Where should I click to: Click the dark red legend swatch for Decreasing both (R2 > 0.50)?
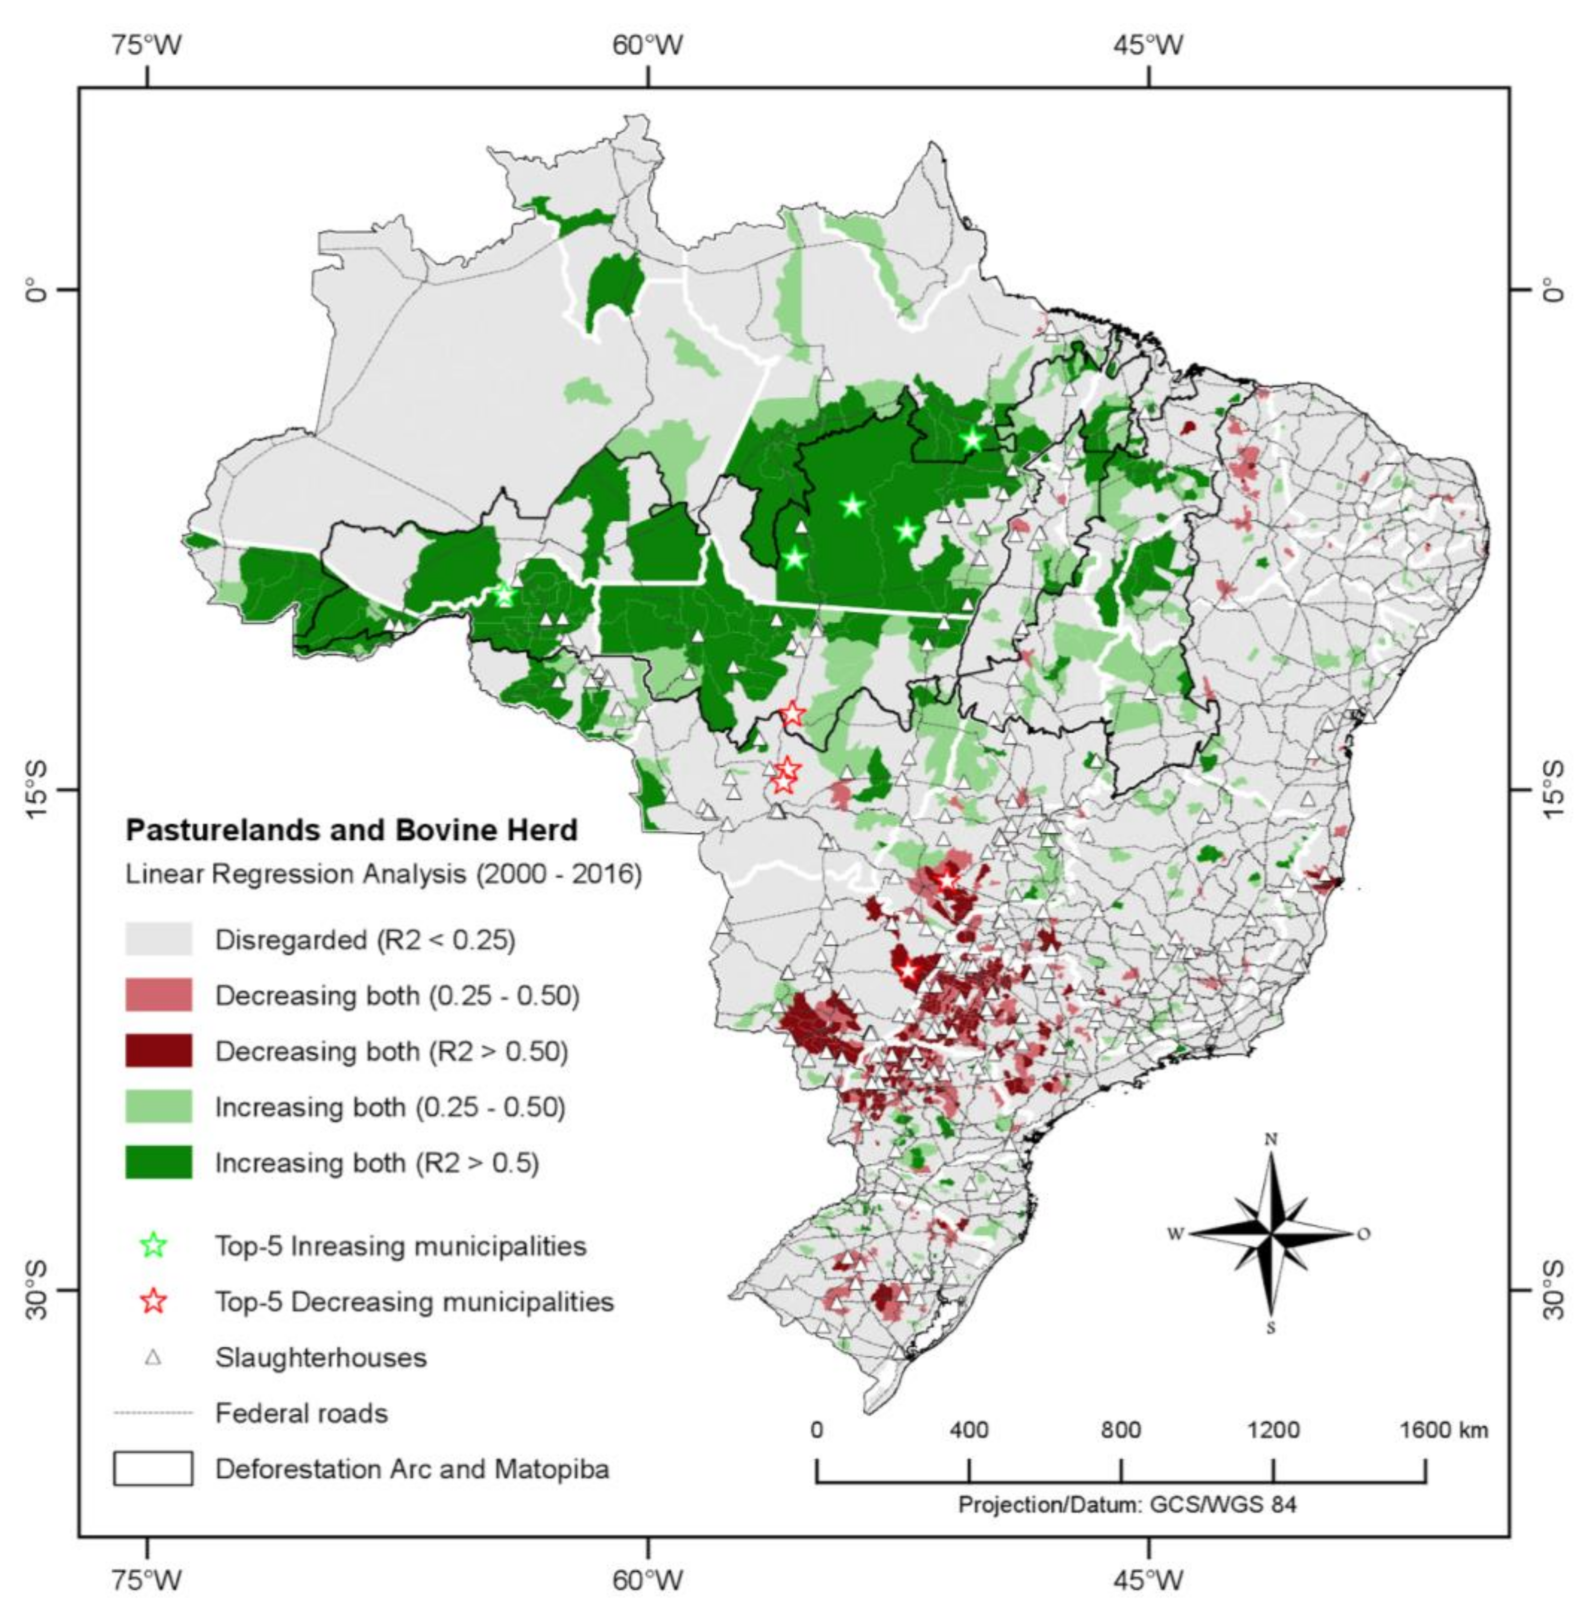point(158,1051)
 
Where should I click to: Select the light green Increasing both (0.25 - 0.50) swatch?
point(158,1107)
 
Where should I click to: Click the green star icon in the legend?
point(154,1246)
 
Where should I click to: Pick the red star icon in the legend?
point(154,1302)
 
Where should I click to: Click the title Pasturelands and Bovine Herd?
point(351,830)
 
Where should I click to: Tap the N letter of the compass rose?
point(1271,1139)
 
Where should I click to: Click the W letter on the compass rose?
point(1175,1234)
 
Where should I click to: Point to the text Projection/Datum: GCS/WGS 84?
point(1127,1505)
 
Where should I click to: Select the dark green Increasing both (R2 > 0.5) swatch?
point(158,1163)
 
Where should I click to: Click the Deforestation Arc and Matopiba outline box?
point(153,1469)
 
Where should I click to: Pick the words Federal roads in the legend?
point(302,1413)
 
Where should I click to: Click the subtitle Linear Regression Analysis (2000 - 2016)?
point(383,875)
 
